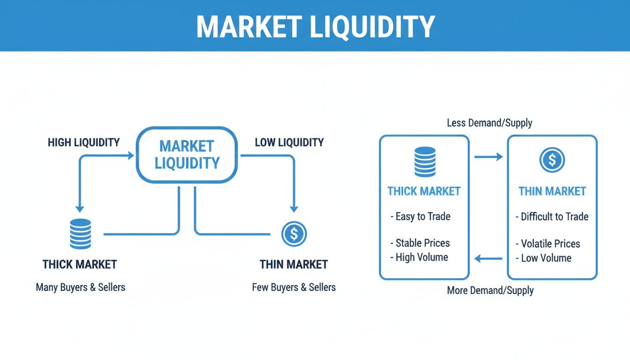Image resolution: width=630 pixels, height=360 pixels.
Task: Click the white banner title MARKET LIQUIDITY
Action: pyautogui.click(x=315, y=27)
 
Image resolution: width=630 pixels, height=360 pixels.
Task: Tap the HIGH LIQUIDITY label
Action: pyautogui.click(x=83, y=142)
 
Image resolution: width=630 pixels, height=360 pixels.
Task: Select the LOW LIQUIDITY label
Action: pyautogui.click(x=289, y=142)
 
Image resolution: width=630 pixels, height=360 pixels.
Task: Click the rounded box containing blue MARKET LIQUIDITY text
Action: pyautogui.click(x=187, y=155)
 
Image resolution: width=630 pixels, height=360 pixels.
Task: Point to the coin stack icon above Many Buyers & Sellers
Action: pyautogui.click(x=80, y=233)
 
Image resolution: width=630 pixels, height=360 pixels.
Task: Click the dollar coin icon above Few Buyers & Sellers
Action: pyautogui.click(x=294, y=234)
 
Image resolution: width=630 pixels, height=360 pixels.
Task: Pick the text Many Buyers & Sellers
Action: pyautogui.click(x=81, y=287)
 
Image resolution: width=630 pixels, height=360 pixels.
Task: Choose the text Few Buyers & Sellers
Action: pyautogui.click(x=294, y=287)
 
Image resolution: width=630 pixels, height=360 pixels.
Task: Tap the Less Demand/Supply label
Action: pyautogui.click(x=490, y=123)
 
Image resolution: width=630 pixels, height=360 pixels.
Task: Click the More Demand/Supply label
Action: pyautogui.click(x=490, y=290)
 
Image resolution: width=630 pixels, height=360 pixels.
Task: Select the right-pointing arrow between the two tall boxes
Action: pyautogui.click(x=488, y=157)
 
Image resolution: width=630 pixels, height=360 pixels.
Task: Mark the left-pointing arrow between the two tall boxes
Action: pyautogui.click(x=488, y=258)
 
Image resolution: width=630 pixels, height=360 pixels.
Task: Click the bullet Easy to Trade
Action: pyautogui.click(x=420, y=217)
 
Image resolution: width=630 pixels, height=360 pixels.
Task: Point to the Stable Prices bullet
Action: pyautogui.click(x=420, y=243)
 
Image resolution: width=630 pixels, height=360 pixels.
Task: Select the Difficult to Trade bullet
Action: pyautogui.click(x=552, y=217)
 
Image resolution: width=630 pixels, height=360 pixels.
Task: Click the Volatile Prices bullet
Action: pyautogui.click(x=548, y=244)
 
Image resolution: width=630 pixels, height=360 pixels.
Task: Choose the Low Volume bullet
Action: pyautogui.click(x=544, y=258)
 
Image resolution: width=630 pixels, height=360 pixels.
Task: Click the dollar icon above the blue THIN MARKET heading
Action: pyautogui.click(x=552, y=160)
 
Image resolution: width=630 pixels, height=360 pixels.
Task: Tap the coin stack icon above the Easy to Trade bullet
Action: pyautogui.click(x=425, y=161)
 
